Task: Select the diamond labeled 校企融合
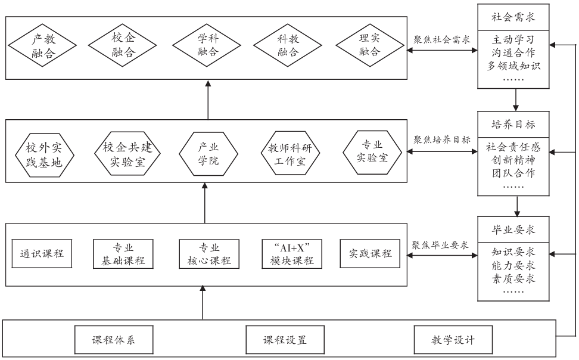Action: click(x=123, y=45)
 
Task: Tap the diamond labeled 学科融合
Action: click(x=208, y=45)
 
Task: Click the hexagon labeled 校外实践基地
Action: click(x=43, y=154)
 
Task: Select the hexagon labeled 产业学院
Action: click(x=208, y=154)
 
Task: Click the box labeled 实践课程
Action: click(x=370, y=253)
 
